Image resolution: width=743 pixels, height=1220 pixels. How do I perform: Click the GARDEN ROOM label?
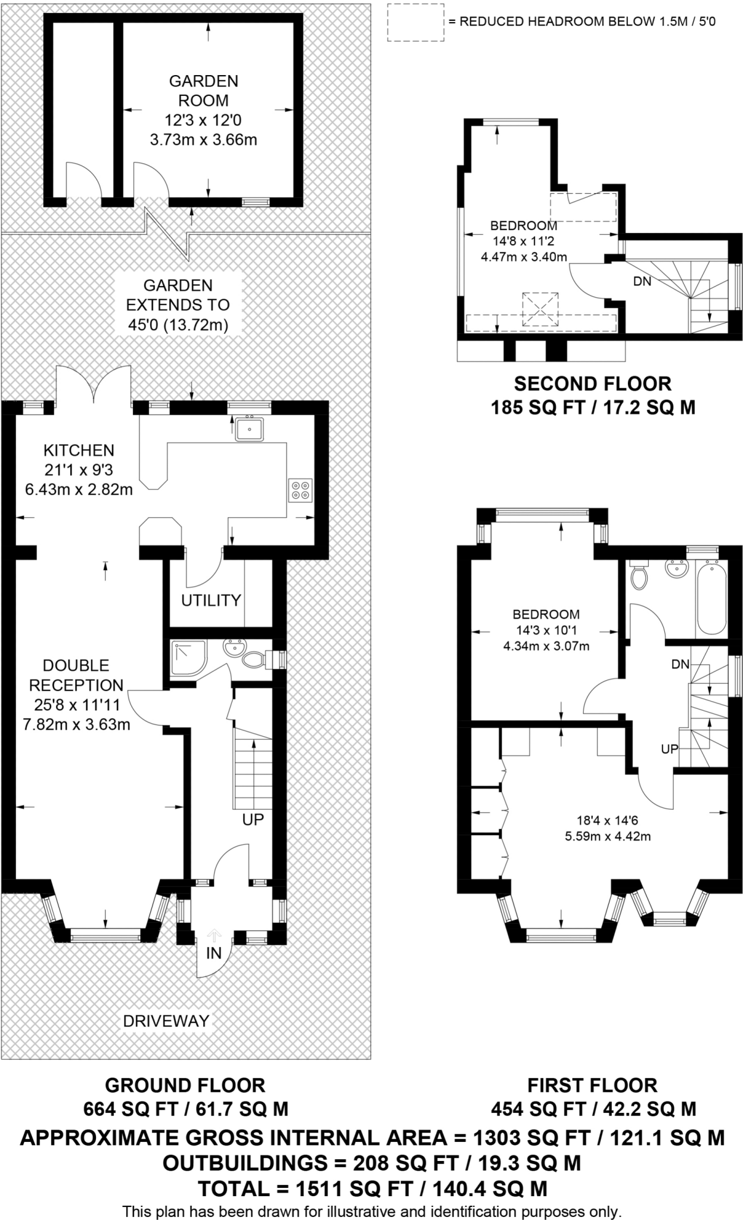click(203, 91)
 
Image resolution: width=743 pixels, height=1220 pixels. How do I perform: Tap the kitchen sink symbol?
click(249, 429)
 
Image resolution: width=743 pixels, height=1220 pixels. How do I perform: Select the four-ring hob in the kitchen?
click(300, 490)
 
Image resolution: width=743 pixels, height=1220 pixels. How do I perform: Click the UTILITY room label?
click(211, 600)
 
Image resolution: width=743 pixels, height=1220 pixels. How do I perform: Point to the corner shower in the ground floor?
click(188, 658)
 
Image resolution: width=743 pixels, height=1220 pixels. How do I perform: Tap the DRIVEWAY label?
click(166, 1021)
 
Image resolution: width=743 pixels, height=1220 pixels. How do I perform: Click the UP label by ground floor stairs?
click(253, 820)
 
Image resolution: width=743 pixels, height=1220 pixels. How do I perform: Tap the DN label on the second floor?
click(642, 281)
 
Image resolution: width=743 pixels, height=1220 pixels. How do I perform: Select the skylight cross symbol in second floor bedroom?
click(540, 309)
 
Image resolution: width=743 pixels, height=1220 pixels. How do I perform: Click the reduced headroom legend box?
click(415, 23)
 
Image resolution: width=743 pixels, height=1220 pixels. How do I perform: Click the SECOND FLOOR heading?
click(592, 383)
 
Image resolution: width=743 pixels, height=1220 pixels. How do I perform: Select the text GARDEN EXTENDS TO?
click(178, 295)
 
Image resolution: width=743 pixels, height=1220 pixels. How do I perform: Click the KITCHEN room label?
click(79, 450)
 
